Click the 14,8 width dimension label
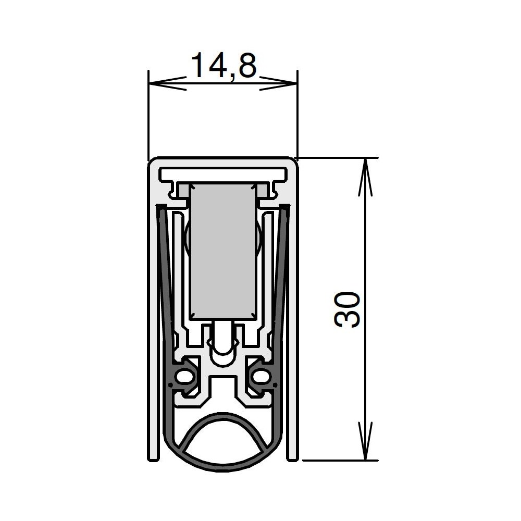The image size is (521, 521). tap(224, 66)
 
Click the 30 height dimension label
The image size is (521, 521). tap(347, 309)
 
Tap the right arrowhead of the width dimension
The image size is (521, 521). tap(278, 83)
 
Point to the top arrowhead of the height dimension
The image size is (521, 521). tap(365, 177)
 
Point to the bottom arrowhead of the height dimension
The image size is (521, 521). tap(365, 441)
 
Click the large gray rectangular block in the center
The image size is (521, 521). tap(223, 252)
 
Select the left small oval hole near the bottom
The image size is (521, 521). tap(183, 377)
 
